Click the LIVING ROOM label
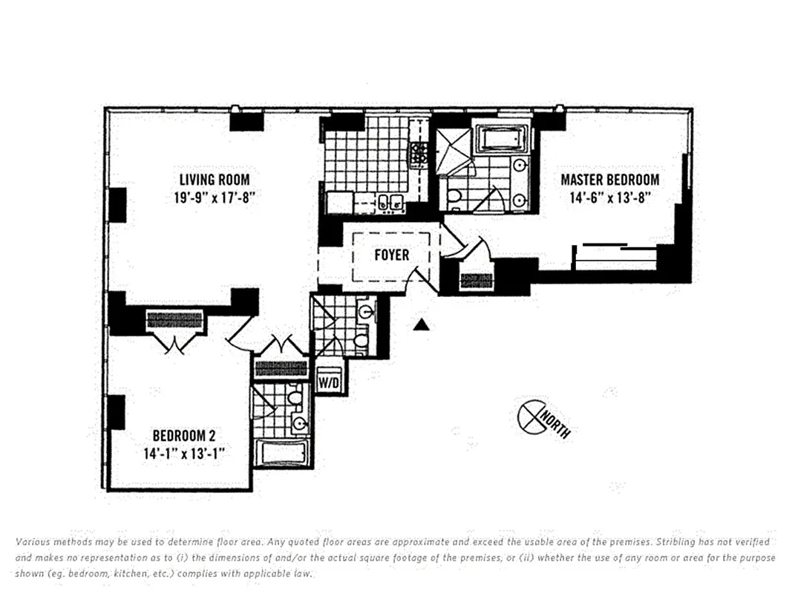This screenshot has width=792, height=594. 214,180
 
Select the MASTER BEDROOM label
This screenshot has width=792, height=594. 609,180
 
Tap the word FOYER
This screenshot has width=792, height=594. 391,255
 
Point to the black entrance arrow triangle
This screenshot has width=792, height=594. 422,324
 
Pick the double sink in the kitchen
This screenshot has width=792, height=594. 390,201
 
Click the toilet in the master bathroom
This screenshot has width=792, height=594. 454,197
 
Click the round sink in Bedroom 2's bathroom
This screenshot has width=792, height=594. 300,424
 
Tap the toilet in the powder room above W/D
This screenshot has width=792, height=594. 361,340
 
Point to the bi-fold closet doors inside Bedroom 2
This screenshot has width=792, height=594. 174,343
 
